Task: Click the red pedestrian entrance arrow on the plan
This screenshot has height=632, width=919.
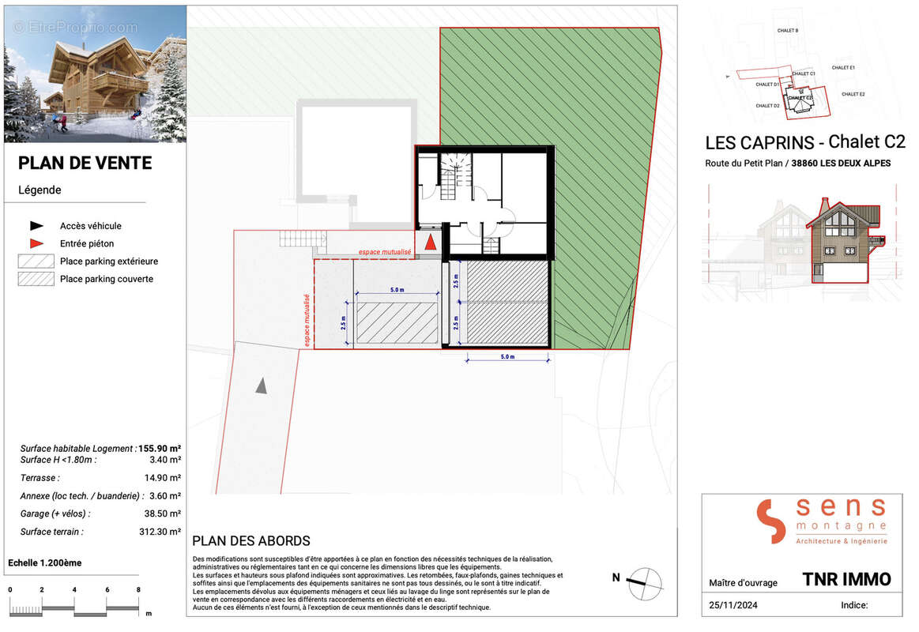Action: [x=429, y=243]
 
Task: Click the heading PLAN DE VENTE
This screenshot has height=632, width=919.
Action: [x=85, y=164]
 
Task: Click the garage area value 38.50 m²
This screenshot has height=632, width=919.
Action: [x=161, y=513]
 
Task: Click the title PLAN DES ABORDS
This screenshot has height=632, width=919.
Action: [x=251, y=541]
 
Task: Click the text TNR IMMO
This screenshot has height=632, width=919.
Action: [x=846, y=579]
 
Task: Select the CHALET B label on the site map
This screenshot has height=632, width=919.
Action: [x=787, y=31]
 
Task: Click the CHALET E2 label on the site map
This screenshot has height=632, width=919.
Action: [x=853, y=94]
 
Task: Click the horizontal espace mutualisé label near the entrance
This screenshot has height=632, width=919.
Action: [x=385, y=252]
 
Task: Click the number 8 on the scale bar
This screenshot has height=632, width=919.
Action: [x=138, y=589]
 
